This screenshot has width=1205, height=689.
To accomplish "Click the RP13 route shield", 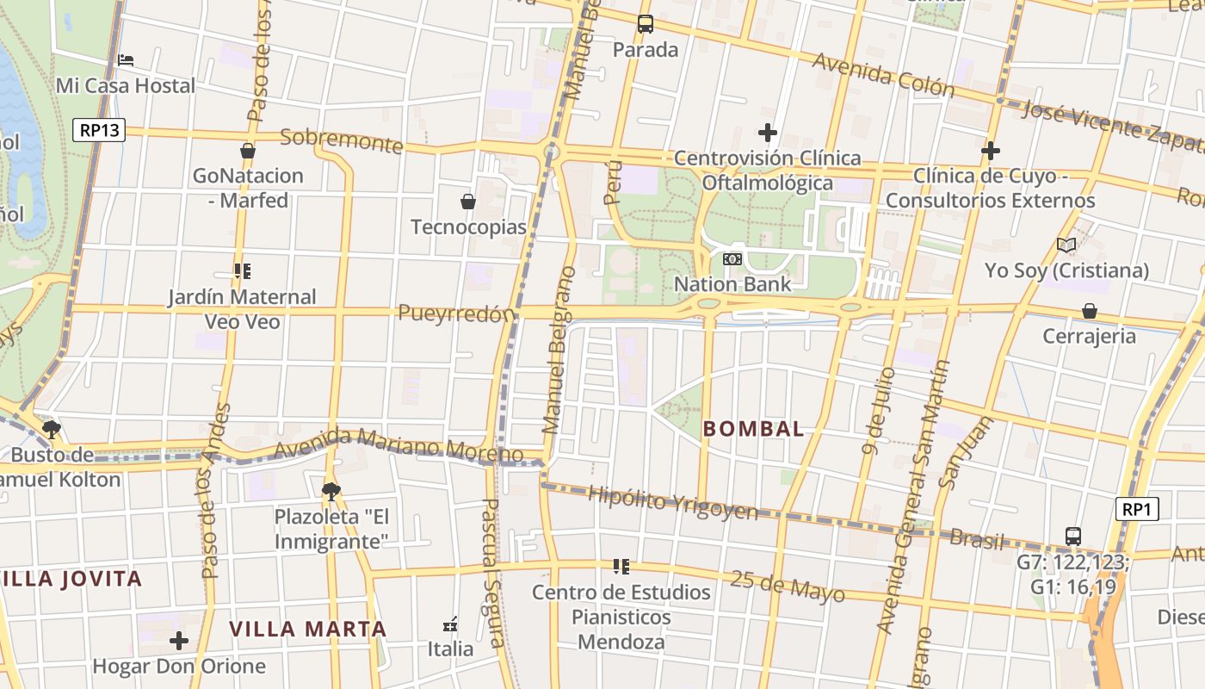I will coord(99,131).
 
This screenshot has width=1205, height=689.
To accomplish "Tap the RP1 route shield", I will coord(1136,510).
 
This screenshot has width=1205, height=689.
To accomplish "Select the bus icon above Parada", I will coord(646,24).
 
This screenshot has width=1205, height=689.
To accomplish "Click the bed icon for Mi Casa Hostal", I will coord(126,60).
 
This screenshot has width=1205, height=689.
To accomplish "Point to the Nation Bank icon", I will coord(732,258).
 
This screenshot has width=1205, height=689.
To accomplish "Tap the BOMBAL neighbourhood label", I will coord(754,429).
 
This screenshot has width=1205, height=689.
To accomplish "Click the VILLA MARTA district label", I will coord(307,629).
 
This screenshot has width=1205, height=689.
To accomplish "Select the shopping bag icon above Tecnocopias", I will coord(468,202).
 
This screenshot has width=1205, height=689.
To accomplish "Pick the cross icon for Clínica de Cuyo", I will coord(991,151).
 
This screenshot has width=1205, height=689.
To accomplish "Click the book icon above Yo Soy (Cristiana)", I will coord(1066,245).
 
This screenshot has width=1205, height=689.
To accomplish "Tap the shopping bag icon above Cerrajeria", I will coord(1090,310).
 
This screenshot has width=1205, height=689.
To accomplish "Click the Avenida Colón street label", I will coord(883,74).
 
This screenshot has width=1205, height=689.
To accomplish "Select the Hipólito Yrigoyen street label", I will coord(673,503).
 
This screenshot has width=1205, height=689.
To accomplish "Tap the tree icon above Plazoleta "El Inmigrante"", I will coord(331,491).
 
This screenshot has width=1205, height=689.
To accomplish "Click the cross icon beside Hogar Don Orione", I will coord(179,641).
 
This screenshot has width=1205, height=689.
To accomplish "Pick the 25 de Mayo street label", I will coord(788,586).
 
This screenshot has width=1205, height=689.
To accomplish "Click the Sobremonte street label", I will coord(342,140).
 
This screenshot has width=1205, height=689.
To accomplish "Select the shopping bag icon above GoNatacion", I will coord(248,151).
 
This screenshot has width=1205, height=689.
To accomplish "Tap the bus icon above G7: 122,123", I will coord(1073,536).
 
